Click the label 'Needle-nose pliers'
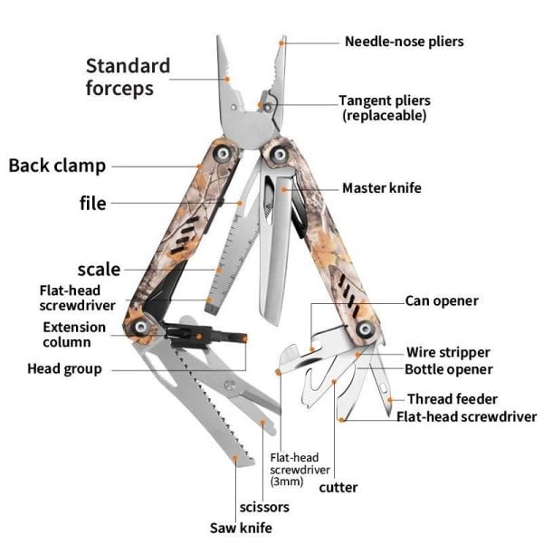tap(404, 42)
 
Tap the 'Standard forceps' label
tap(128, 77)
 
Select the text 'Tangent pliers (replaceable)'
tap(385, 108)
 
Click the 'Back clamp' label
tap(57, 166)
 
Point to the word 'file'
tap(93, 204)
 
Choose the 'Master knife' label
tap(381, 188)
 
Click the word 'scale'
tap(99, 269)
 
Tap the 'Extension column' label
tap(74, 335)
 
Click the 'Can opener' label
tap(441, 301)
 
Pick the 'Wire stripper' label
tap(447, 352)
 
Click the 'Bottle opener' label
tap(448, 369)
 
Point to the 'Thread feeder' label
tap(452, 399)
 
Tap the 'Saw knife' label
tap(241, 528)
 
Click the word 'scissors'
tap(264, 507)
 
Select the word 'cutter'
tap(338, 487)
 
